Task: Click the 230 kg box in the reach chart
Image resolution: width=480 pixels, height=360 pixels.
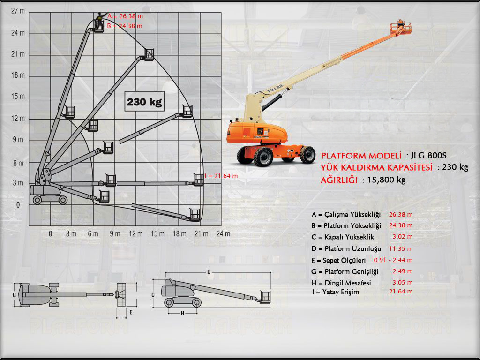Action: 144,102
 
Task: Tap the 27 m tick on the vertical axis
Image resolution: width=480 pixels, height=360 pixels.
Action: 18,11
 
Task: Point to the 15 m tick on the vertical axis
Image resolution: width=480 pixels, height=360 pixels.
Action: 18,97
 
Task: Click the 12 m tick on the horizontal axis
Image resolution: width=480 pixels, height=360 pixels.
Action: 136,233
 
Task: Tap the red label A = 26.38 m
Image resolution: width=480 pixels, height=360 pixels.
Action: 125,16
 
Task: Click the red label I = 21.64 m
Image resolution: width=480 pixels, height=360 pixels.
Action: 221,176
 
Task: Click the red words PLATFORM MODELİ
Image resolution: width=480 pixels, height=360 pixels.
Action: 361,156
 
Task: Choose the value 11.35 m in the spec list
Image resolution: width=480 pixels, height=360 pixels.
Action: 401,248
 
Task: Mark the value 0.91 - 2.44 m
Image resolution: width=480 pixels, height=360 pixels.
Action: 393,260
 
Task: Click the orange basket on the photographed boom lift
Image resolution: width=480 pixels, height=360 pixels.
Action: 401,29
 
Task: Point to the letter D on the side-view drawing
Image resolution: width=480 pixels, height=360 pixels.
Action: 209,272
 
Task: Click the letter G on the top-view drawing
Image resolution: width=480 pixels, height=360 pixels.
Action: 15,295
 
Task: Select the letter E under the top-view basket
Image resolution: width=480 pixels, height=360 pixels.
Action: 131,311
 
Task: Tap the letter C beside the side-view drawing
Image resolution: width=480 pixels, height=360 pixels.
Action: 153,294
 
